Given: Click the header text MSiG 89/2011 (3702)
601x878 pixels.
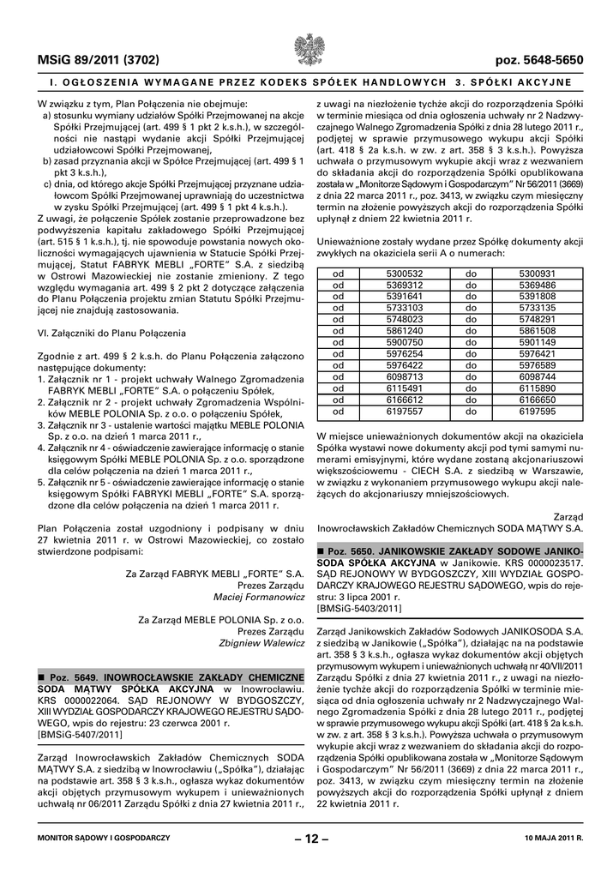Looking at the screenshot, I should (x=87, y=61).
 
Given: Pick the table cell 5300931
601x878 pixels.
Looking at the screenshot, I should (x=538, y=274).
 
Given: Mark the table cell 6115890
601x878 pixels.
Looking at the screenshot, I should (x=538, y=388).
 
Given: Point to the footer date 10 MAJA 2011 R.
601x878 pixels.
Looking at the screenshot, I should (x=547, y=838).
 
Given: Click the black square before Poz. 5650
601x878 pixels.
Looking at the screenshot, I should (x=321, y=550).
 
